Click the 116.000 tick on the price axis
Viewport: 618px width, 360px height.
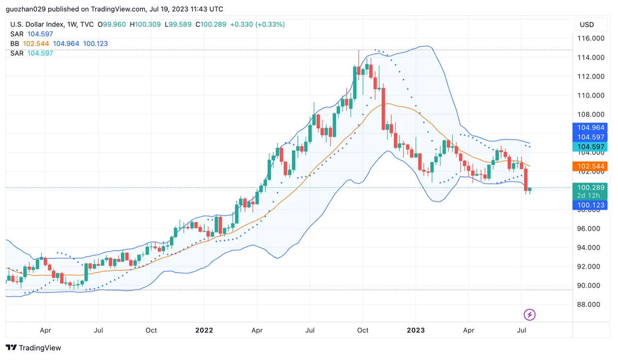pos(591,38)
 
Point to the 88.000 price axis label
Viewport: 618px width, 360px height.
pos(591,305)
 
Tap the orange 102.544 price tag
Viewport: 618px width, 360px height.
pos(591,166)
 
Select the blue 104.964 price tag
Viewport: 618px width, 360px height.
pos(591,128)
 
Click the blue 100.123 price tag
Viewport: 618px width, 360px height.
pos(591,205)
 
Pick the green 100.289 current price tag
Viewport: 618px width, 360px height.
pos(591,187)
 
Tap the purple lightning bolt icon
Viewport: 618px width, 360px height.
pos(530,315)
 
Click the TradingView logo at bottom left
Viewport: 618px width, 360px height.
pos(33,348)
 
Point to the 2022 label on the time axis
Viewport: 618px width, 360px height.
pos(204,330)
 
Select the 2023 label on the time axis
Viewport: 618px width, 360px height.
pos(416,330)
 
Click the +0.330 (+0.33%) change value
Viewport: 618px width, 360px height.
pos(257,24)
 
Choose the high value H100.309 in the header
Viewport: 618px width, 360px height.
pos(146,24)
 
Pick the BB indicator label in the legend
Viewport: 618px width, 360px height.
pos(15,44)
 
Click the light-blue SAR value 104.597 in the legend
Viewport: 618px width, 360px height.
pos(40,53)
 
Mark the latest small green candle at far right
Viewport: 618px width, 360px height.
pos(530,189)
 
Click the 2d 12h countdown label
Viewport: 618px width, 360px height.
pos(588,196)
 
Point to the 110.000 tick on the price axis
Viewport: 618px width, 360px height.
pos(591,96)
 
